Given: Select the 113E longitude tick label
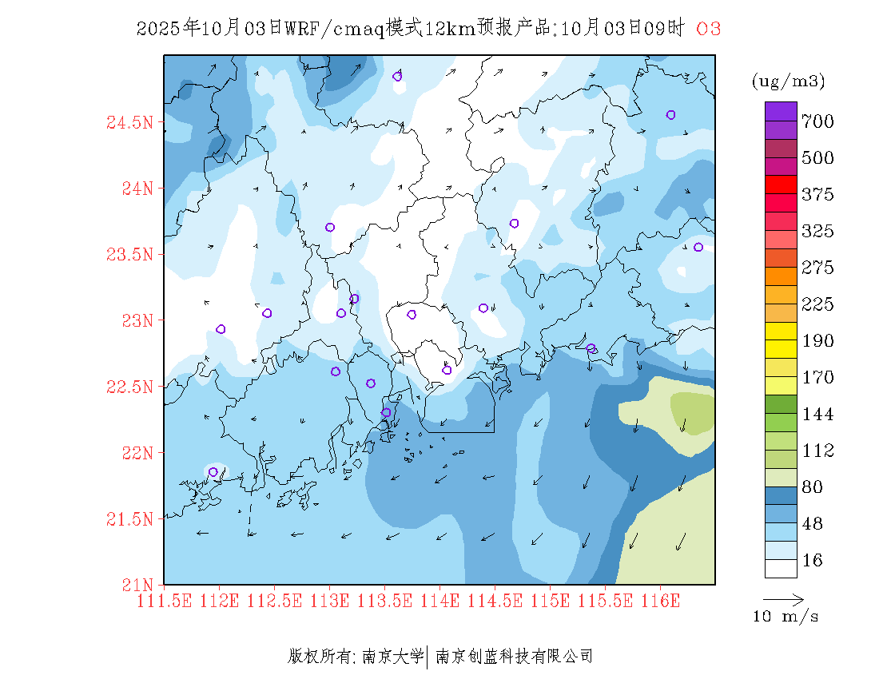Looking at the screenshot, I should coord(330,600).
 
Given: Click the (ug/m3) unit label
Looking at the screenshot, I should coord(788,81).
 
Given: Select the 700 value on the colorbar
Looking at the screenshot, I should coord(817,121).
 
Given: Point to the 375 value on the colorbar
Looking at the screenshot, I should coord(817,195).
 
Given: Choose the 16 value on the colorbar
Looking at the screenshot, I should coord(812,561).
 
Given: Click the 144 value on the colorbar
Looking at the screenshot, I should coord(817,415).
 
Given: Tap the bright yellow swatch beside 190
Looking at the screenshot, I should coord(781,331).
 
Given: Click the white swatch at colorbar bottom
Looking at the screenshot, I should coord(781,568).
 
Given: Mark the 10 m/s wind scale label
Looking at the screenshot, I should coord(786,617).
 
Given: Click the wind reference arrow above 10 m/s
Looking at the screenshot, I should coord(783,598).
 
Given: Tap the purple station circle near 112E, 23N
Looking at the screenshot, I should coord(221,329).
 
